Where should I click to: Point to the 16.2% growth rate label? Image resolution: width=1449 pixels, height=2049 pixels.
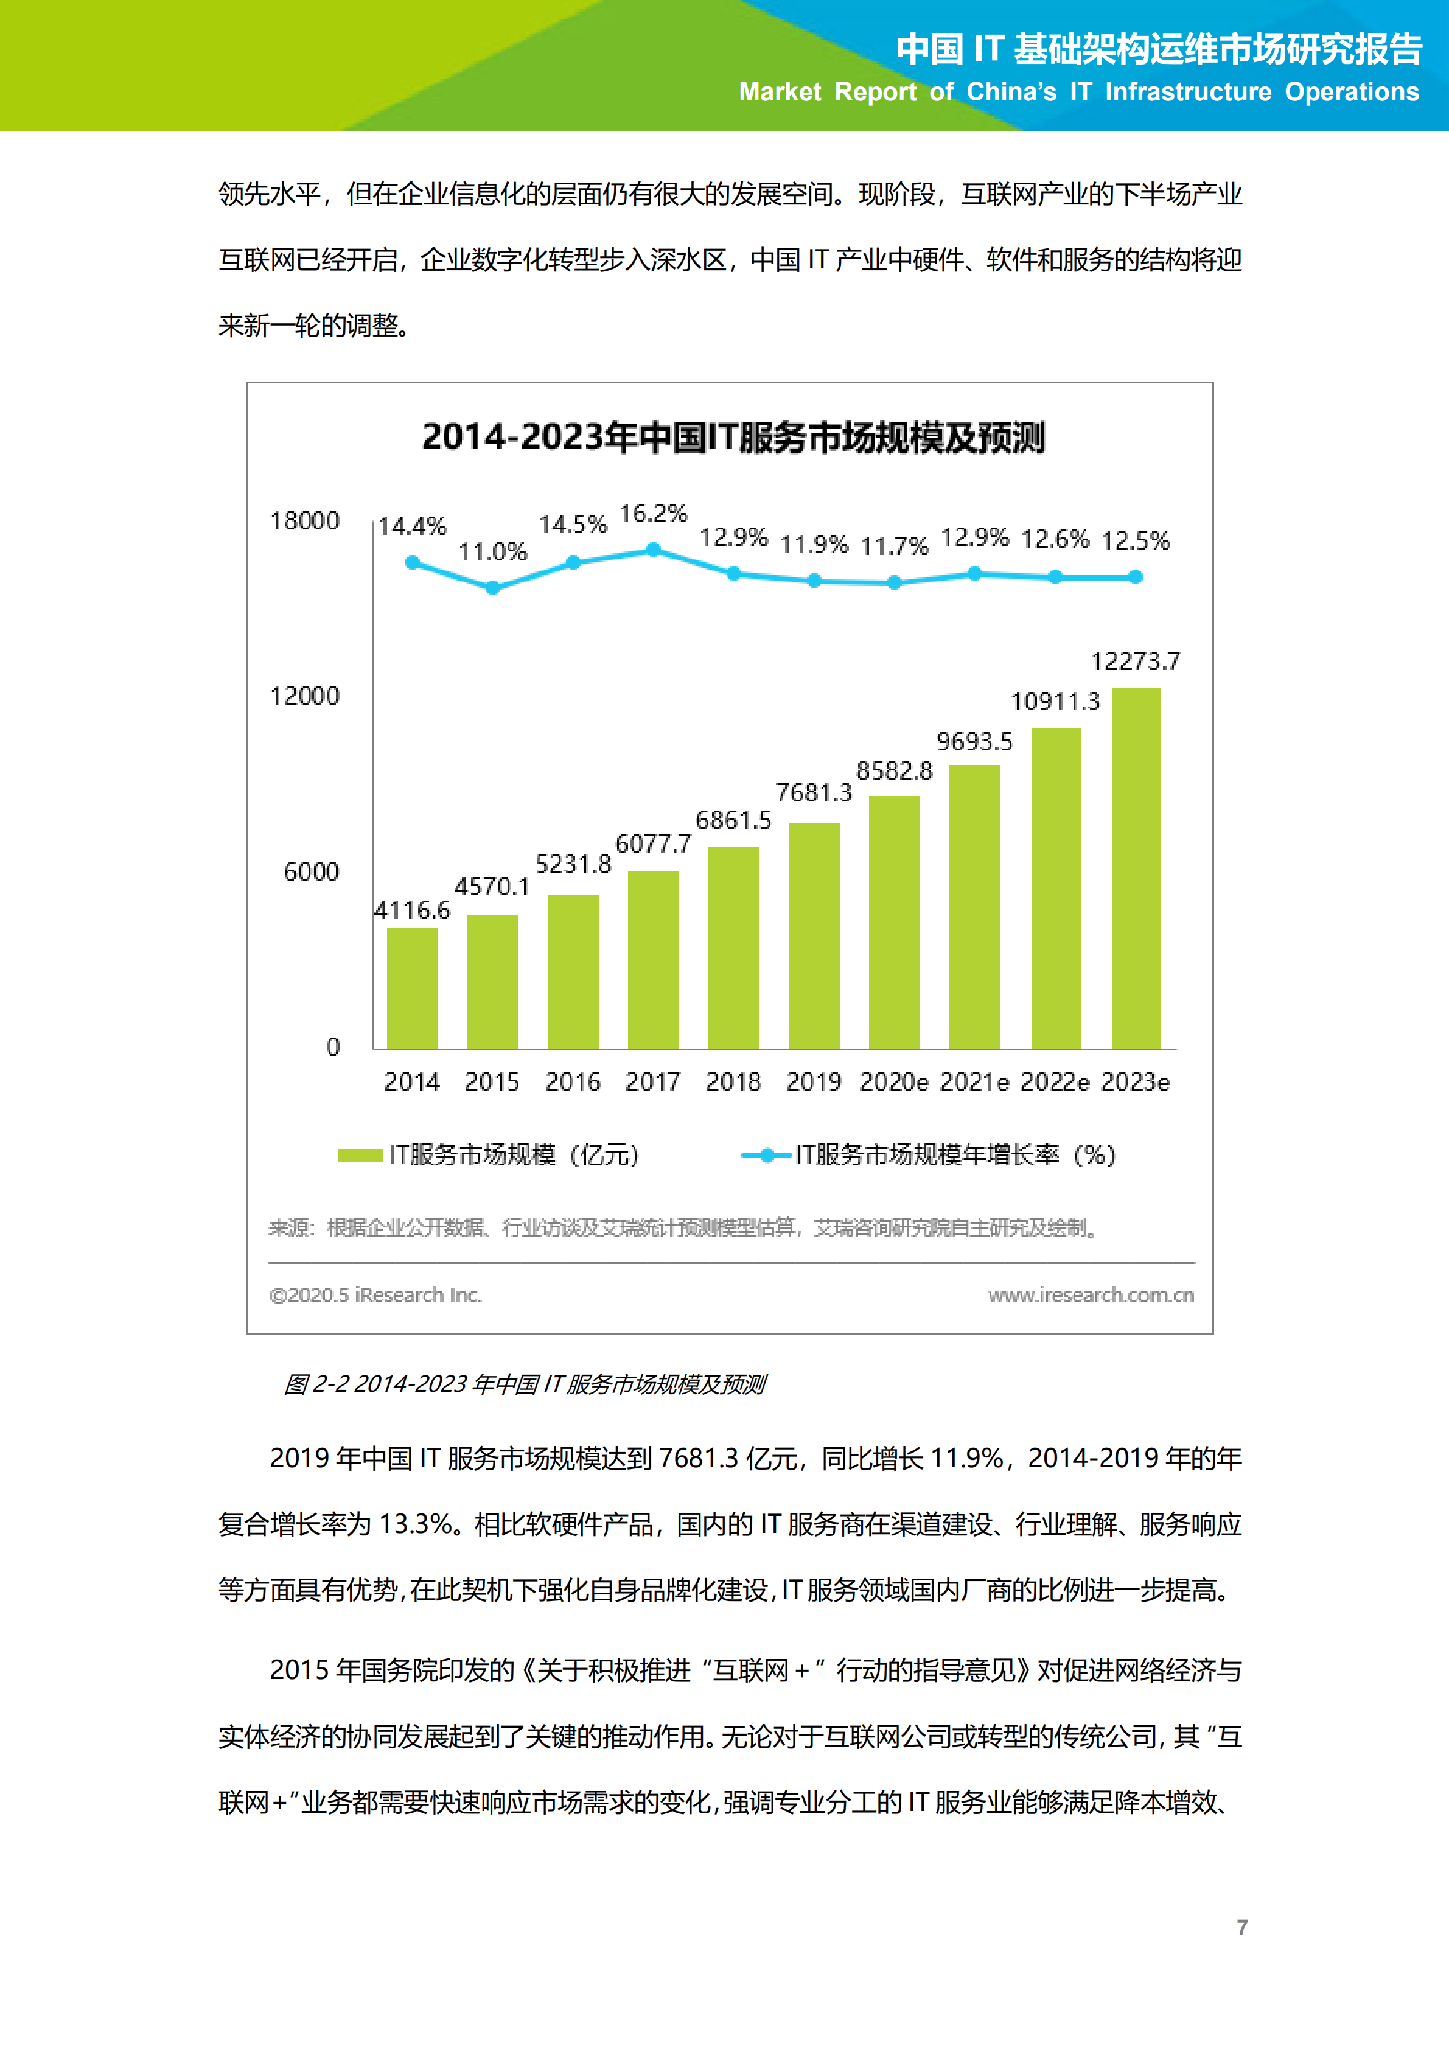[653, 514]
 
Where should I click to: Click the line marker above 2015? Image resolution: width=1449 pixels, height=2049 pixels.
[492, 587]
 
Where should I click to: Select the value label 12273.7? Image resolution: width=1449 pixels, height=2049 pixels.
[1135, 661]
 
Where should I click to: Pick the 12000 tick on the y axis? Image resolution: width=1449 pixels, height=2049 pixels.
[304, 696]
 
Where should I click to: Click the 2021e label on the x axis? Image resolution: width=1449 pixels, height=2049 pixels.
[974, 1081]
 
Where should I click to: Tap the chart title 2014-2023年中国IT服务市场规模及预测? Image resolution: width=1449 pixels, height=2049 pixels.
[733, 438]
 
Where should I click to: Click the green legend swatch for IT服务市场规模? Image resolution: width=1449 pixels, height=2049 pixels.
[360, 1155]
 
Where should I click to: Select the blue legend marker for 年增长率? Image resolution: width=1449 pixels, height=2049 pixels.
[766, 1155]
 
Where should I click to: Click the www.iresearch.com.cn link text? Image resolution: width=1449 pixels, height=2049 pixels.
[1091, 1295]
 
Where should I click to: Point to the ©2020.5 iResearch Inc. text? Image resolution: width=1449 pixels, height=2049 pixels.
[375, 1295]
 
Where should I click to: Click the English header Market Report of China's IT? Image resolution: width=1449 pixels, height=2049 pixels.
[1078, 92]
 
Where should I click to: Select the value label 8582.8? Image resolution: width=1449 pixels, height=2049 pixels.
[894, 771]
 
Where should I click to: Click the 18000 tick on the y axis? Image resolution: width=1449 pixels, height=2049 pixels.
[304, 521]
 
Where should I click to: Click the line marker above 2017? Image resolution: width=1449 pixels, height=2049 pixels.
[653, 550]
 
